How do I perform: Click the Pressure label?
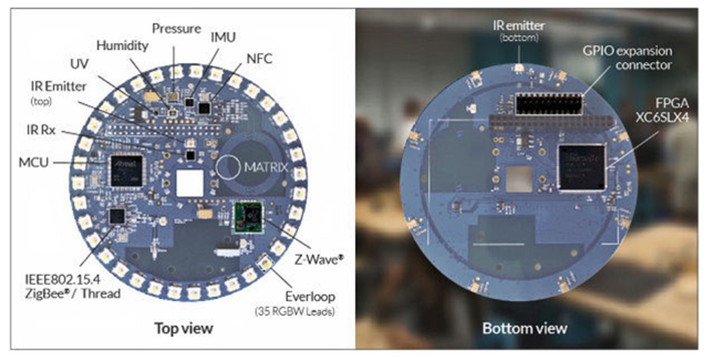[176, 28]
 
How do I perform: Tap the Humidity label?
[122, 46]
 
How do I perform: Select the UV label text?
[79, 64]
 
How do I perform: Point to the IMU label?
[223, 37]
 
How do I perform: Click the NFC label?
[259, 59]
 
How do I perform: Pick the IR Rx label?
[41, 130]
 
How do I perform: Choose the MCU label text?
[33, 162]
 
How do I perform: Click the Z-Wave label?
[319, 260]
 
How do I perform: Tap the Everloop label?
[310, 297]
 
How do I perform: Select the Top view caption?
[184, 328]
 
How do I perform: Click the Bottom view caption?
[525, 328]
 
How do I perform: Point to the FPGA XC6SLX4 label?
[663, 111]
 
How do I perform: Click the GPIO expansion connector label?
[628, 58]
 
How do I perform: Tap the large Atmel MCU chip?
[127, 171]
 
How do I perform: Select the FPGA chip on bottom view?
[582, 167]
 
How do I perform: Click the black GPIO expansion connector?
[549, 104]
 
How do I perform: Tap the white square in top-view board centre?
[190, 183]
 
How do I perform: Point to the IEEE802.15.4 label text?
[62, 280]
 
